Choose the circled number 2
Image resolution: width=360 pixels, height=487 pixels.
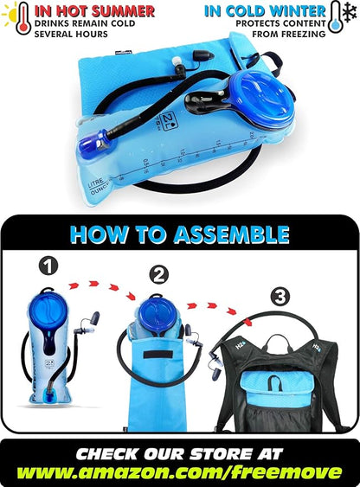(158, 275)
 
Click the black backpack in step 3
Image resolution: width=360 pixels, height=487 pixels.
(286, 381)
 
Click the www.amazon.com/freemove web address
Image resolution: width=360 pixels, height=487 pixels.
(180, 471)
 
